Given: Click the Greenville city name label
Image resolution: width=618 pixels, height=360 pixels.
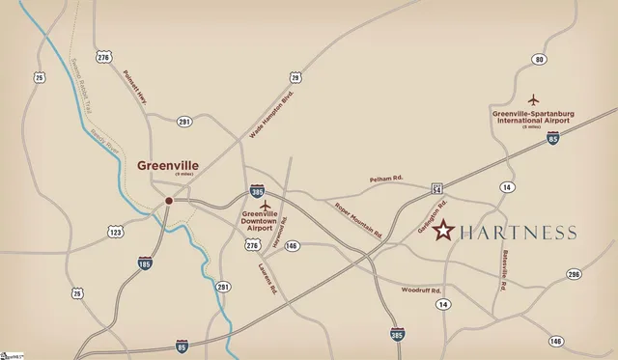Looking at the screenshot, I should tap(168, 165).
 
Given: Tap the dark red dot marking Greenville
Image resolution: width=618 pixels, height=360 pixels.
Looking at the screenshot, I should tap(169, 201).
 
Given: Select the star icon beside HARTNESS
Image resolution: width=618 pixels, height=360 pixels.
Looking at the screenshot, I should tap(443, 231).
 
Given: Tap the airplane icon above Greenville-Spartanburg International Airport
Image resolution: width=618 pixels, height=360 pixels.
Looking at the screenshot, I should tap(532, 99).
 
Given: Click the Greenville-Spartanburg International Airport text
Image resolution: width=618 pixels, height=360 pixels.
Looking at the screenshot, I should tap(532, 117).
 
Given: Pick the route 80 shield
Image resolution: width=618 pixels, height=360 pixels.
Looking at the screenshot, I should tap(539, 60).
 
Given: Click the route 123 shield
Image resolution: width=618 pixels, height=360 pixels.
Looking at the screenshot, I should tap(116, 232).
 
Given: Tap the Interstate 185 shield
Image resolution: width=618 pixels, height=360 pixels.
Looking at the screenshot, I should tap(144, 262).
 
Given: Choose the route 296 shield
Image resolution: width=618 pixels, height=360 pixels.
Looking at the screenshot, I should tap(574, 275).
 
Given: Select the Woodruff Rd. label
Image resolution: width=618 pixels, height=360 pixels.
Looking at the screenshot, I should tap(422, 290).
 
